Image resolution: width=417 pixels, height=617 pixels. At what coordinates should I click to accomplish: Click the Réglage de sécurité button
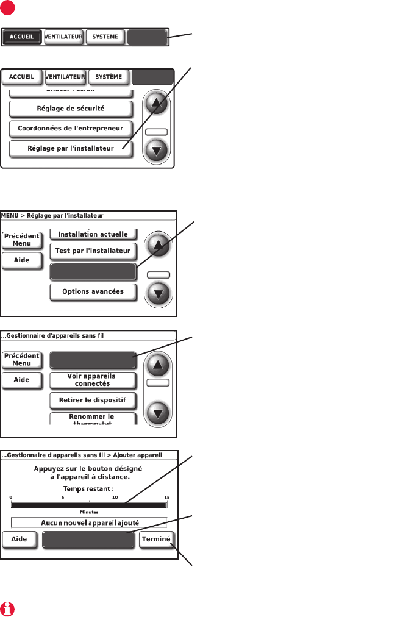71,109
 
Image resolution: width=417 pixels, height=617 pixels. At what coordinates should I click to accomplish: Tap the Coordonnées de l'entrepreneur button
71,128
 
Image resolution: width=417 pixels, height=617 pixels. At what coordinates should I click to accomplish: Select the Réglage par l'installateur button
71,148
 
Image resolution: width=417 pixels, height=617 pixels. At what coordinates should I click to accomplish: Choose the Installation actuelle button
93,234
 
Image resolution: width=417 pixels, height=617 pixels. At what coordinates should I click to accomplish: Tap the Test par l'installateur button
93,251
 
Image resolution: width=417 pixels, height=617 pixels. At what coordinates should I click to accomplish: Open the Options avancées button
93,291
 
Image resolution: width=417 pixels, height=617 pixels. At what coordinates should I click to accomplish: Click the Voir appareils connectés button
93,380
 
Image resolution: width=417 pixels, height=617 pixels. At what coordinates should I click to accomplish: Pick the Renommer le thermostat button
93,419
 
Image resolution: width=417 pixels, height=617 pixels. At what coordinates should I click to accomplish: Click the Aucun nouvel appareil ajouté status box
88,522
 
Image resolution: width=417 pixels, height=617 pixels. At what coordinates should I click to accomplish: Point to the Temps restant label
88,489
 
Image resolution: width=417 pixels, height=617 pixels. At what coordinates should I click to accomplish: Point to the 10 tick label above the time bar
115,498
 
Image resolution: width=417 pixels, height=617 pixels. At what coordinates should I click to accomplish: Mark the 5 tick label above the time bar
63,498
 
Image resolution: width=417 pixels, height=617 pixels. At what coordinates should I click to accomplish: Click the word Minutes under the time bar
89,512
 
